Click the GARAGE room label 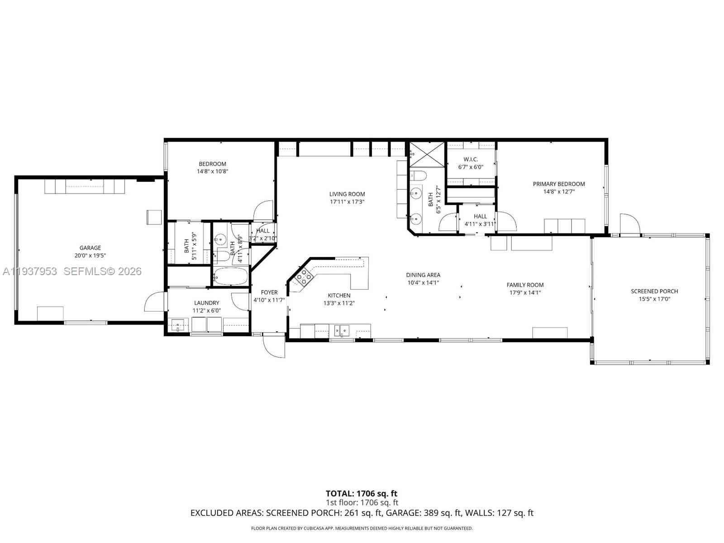[90, 248]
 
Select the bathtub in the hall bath [230, 276]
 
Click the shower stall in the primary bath [427, 154]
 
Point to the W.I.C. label [471, 159]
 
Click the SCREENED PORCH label [654, 291]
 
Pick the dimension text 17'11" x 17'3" [347, 202]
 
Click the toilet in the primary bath [419, 176]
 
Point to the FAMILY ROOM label [525, 285]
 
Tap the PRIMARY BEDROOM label [559, 184]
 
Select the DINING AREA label [423, 275]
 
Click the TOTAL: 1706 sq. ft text [362, 493]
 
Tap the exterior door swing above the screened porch [629, 224]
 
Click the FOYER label [269, 292]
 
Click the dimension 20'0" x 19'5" [90, 255]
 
